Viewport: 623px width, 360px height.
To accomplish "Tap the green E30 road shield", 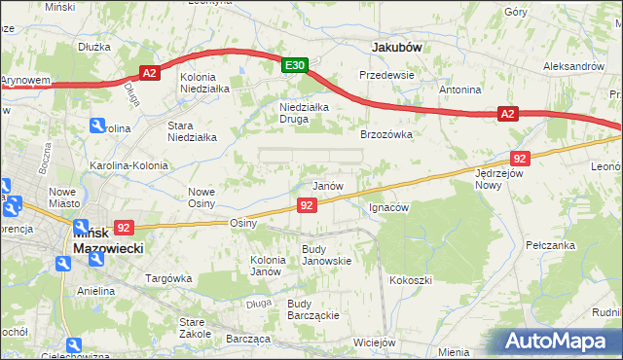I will pos(296,65).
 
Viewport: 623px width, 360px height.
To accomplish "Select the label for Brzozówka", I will pos(386,135).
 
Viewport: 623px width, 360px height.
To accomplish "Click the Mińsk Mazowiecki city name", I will pos(107,240).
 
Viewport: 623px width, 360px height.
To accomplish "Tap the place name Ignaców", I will pos(389,207).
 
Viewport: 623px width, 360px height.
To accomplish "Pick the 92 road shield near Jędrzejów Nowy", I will pos(519,158).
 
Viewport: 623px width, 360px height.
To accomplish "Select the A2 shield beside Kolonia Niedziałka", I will pos(149,72).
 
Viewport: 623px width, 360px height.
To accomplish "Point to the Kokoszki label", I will pos(410,280).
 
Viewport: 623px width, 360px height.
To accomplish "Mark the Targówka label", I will pos(166,278).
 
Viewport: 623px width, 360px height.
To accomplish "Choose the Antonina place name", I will pos(460,90).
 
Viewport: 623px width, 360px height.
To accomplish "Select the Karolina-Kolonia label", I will pos(129,165).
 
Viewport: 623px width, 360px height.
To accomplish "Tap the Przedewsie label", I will pos(386,75).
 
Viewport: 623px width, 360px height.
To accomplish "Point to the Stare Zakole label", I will pos(196,327).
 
